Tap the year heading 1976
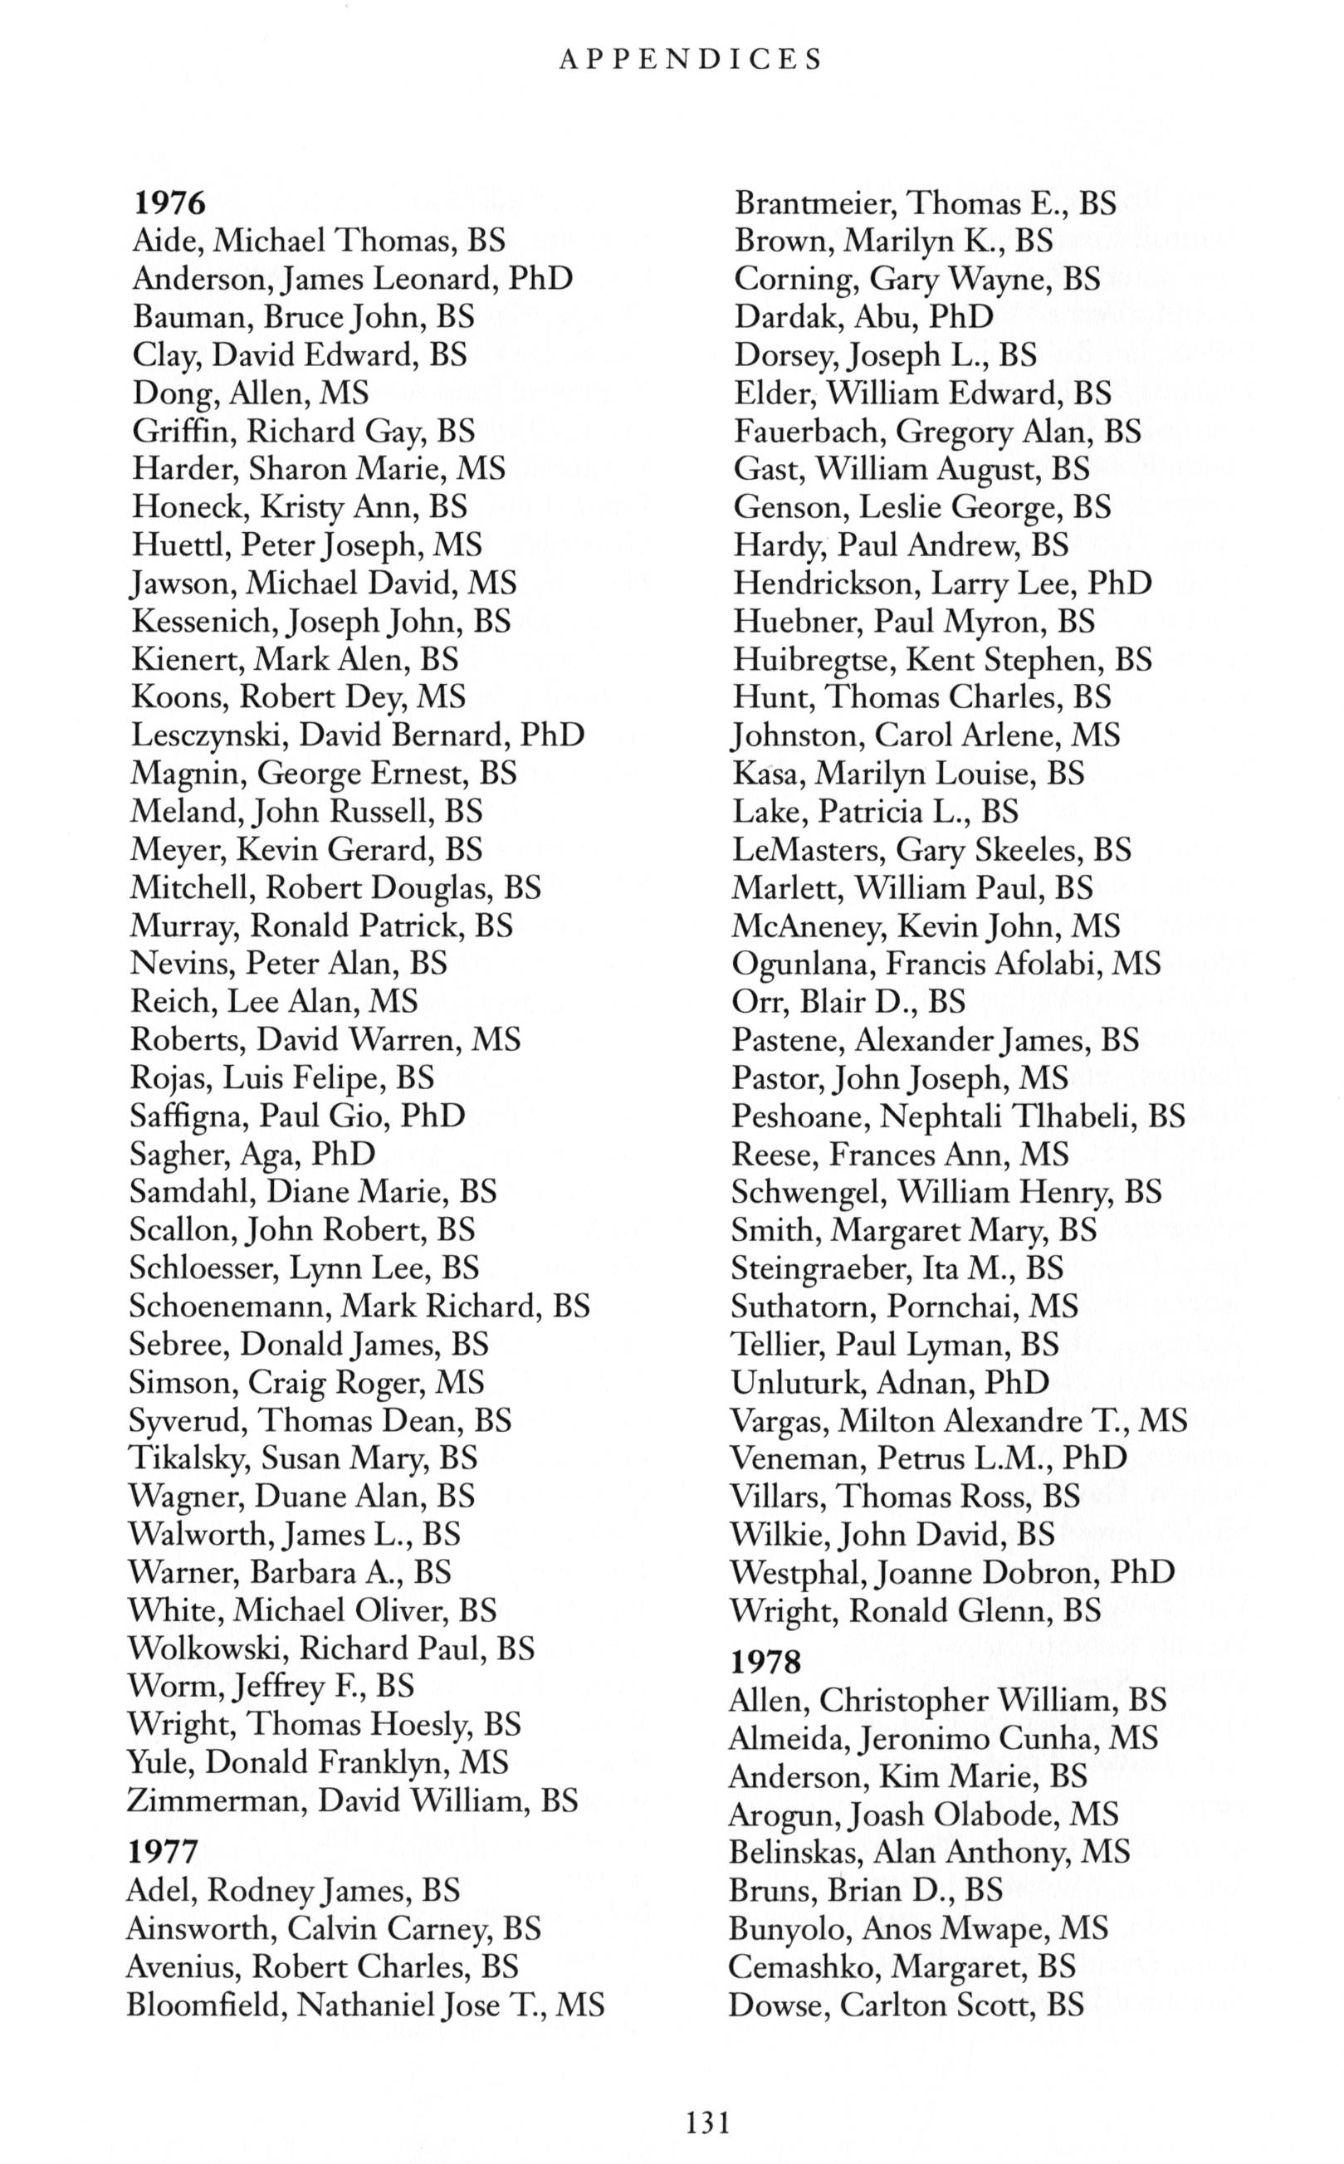pyautogui.click(x=169, y=203)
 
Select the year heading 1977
pyautogui.click(x=163, y=1851)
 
